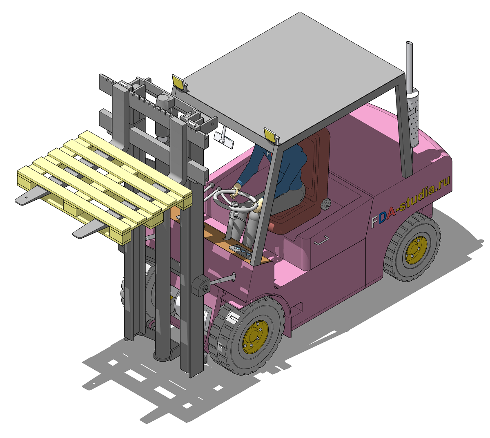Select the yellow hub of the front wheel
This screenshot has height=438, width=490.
[255, 337]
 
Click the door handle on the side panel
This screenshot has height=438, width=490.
[321, 240]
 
